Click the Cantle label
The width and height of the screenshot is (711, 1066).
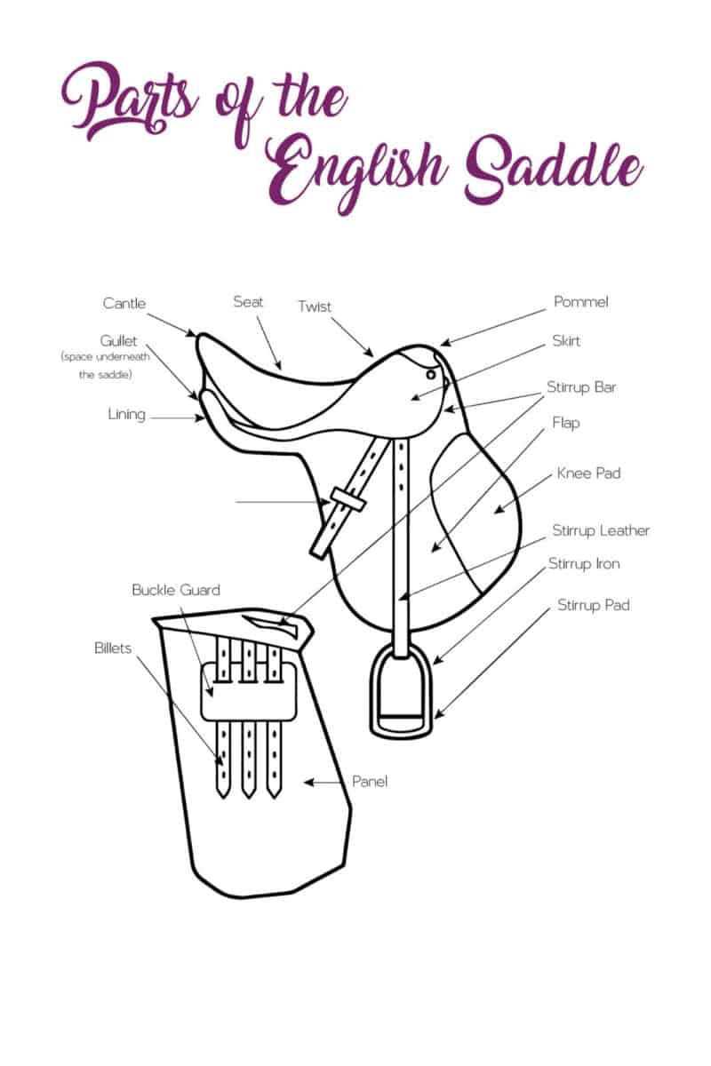pos(124,304)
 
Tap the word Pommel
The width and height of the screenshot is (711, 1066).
pos(580,302)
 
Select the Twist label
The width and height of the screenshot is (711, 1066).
pos(314,306)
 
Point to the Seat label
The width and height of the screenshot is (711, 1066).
pos(248,302)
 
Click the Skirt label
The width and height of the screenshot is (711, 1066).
pos(566,341)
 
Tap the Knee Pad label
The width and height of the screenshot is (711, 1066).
pos(588,473)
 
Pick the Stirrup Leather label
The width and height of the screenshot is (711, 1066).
pos(601,530)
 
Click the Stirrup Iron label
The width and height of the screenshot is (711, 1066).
pos(584,564)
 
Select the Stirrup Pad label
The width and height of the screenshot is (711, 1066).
pos(594,606)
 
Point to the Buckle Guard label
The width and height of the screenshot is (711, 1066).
pos(176,590)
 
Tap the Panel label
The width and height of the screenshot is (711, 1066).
pos(370,782)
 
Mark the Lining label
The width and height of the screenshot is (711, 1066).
pos(126,414)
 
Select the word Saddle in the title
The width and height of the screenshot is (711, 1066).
pos(551,169)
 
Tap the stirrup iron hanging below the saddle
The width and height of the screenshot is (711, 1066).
pos(402,693)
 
